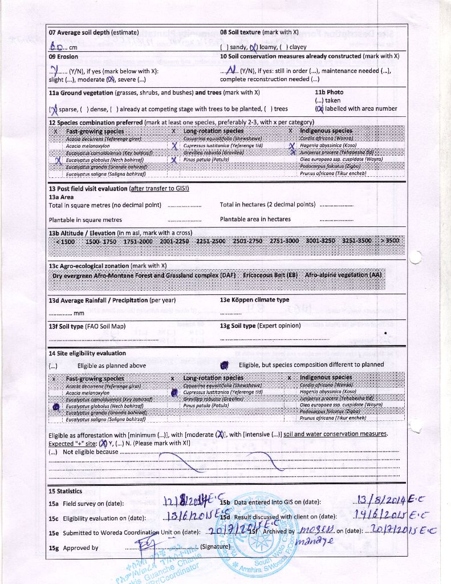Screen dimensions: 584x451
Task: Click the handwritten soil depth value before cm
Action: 55,47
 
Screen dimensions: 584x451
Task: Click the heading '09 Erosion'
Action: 64,56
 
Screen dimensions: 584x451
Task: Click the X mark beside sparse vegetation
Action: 54,109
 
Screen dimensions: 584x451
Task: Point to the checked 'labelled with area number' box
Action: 319,108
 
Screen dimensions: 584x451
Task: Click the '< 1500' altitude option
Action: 64,241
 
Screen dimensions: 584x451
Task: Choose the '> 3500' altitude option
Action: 390,241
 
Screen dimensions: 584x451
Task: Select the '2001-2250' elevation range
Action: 174,241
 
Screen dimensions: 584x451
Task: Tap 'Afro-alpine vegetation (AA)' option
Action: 343,275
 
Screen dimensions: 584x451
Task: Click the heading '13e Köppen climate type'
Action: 254,300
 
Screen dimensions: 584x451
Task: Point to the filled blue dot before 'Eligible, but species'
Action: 225,365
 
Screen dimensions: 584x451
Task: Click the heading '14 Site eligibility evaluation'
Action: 87,354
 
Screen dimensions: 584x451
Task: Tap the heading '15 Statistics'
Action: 66,491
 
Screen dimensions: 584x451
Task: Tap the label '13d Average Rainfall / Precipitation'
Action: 112,300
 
